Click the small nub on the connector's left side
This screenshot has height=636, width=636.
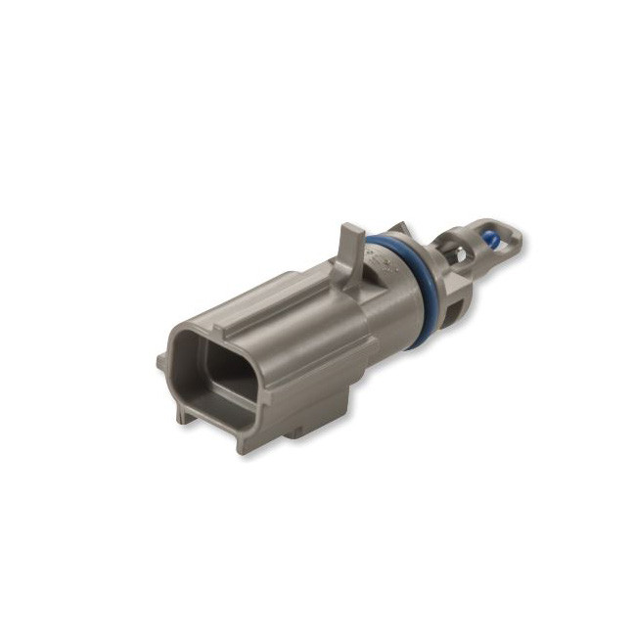[x=161, y=361]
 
